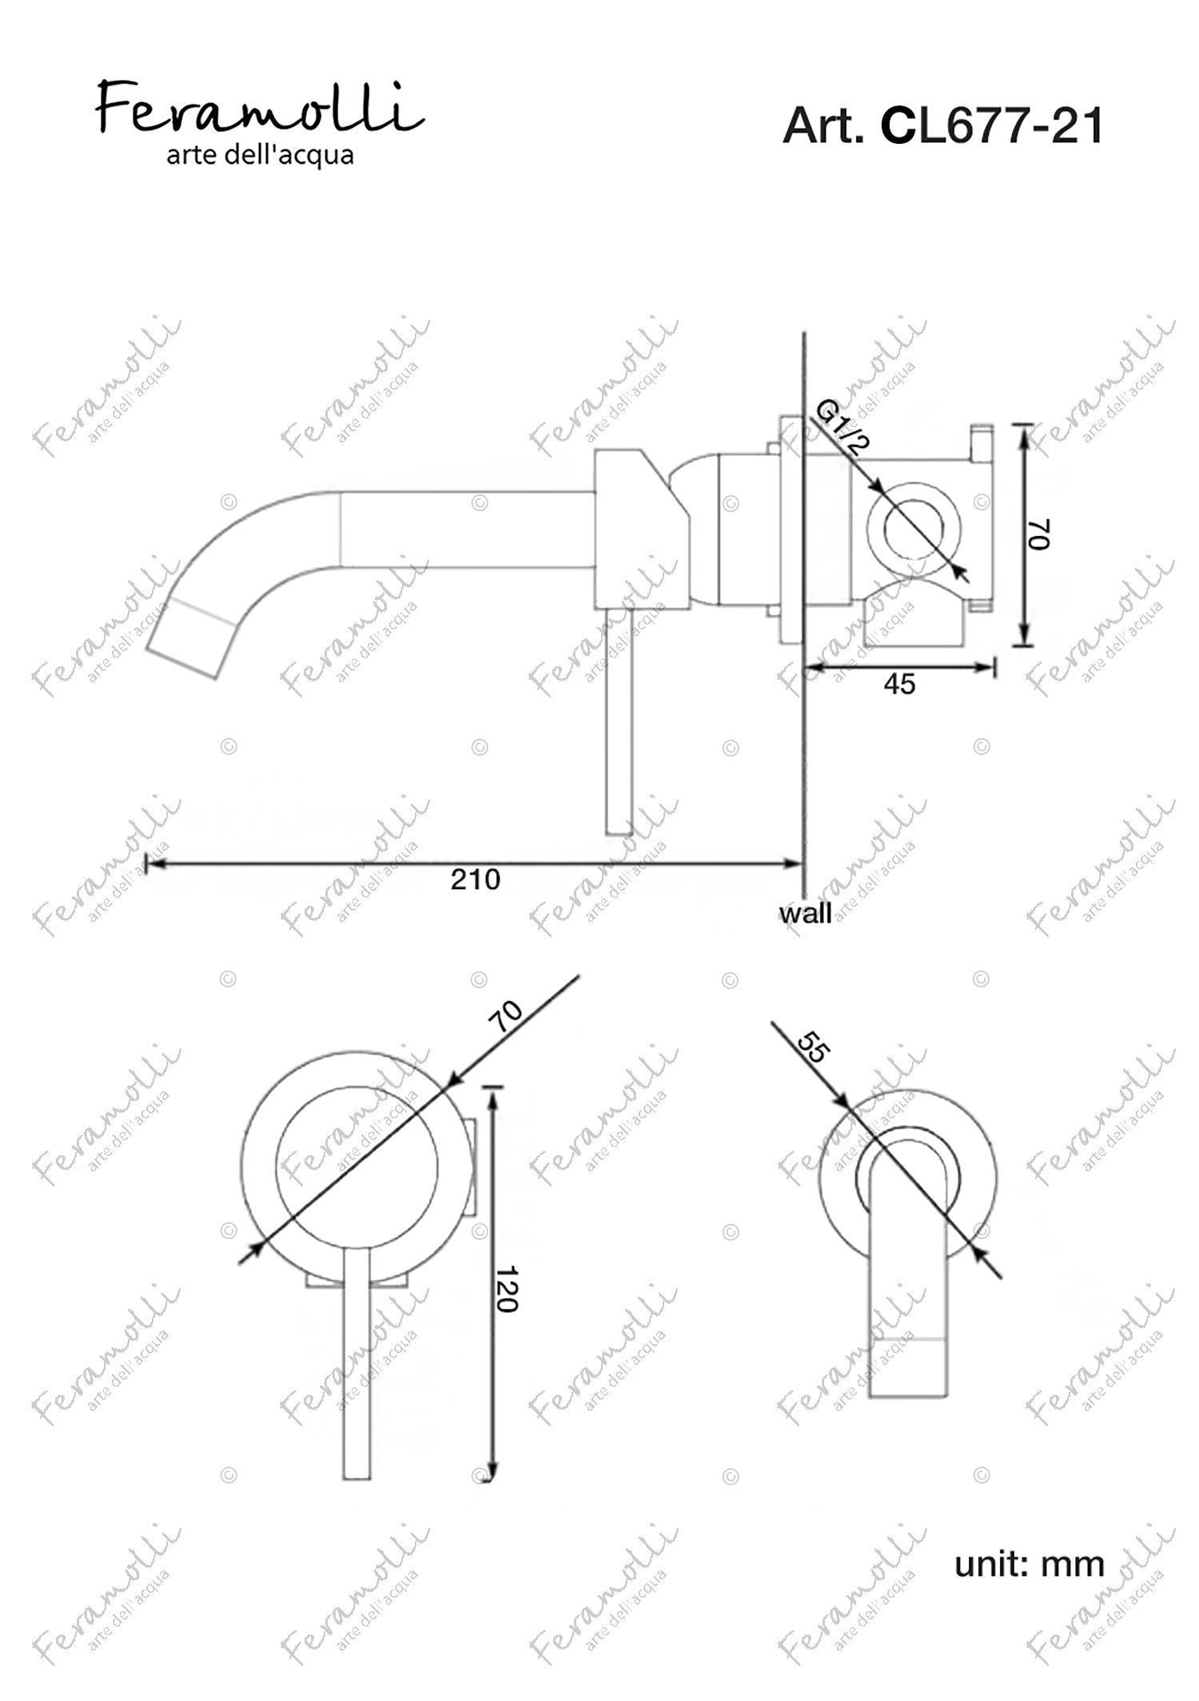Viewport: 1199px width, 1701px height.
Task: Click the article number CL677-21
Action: pos(992,126)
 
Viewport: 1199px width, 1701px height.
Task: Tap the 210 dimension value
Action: pos(476,880)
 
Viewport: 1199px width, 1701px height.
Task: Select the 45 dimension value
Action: pos(900,685)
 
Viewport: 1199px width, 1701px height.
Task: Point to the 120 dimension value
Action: pos(506,1289)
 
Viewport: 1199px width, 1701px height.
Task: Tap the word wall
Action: pos(806,913)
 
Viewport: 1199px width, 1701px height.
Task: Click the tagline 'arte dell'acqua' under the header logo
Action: pos(260,155)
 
